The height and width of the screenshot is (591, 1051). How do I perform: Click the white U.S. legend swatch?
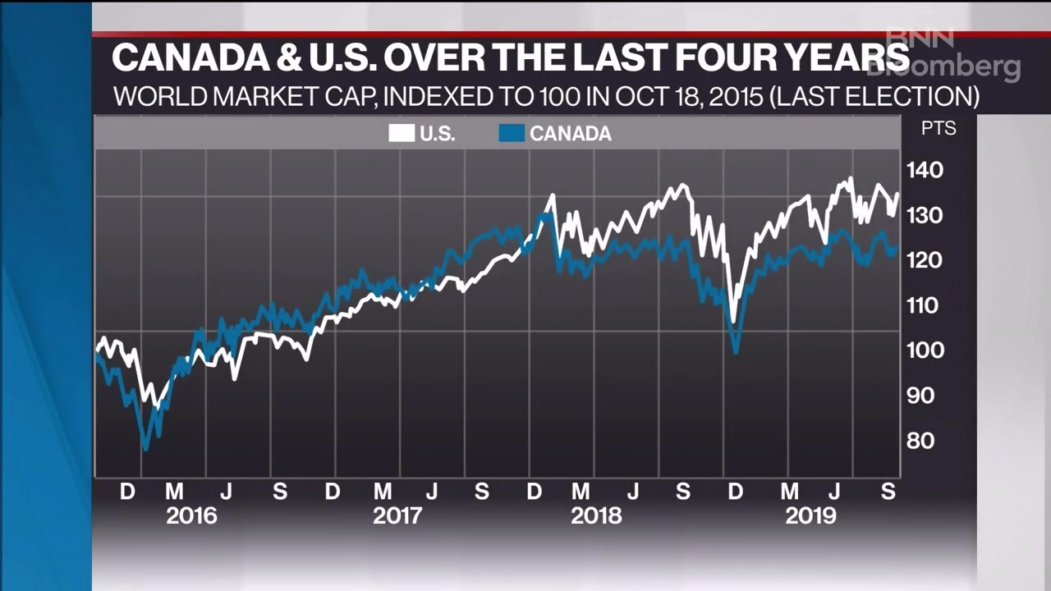[402, 134]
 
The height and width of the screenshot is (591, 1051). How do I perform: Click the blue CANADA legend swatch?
[512, 134]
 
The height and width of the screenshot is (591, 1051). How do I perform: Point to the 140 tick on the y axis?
[925, 171]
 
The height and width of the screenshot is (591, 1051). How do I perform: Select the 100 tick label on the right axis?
[925, 350]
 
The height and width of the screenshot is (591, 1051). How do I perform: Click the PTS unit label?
[938, 129]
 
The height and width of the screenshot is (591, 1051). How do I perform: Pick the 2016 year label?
[191, 516]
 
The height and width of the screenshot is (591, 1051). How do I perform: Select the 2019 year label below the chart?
[810, 516]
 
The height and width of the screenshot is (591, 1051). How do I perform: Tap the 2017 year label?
[397, 516]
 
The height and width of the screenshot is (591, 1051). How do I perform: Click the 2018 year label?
[596, 516]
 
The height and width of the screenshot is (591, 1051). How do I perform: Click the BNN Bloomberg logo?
[952, 55]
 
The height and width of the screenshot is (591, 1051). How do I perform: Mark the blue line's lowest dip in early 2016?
[146, 448]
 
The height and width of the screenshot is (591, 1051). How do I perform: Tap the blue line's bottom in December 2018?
[737, 351]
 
